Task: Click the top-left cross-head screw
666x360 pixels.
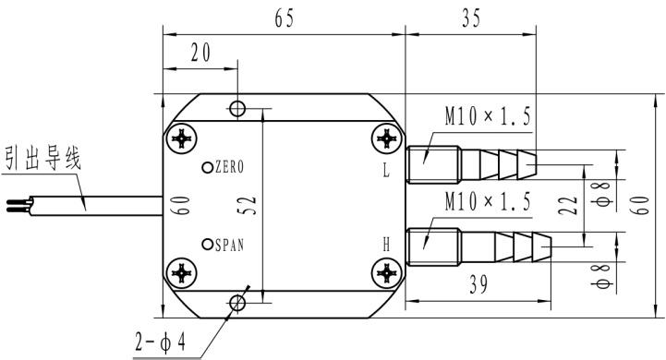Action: click(184, 139)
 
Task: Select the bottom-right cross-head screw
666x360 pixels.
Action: click(386, 273)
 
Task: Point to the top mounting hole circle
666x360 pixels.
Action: click(238, 109)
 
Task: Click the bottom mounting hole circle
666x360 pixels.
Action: click(238, 302)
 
